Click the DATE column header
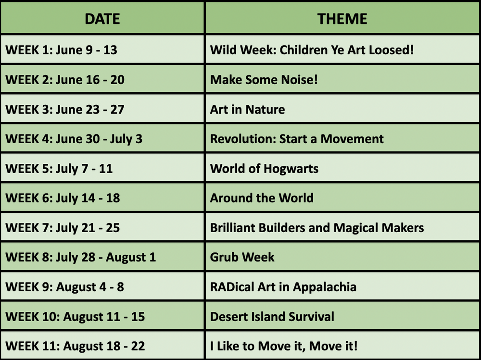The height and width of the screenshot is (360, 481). coord(102,19)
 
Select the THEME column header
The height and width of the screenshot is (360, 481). coord(342,19)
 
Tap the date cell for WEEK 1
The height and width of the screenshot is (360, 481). coord(61,50)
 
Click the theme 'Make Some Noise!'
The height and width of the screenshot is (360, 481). coord(264,80)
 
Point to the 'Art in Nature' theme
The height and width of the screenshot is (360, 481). coord(247,110)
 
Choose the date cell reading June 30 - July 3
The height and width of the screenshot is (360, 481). coord(74,139)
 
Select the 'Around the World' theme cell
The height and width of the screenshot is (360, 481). coord(262,198)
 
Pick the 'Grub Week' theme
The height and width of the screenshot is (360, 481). coord(242,257)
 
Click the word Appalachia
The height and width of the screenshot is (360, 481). coord(325,287)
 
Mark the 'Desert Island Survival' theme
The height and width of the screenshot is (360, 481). coord(272,317)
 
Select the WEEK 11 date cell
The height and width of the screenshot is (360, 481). coord(75,346)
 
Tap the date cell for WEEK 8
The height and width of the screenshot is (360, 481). coord(80,257)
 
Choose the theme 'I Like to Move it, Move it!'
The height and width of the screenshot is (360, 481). coord(284,346)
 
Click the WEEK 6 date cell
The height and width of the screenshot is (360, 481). coord(63,198)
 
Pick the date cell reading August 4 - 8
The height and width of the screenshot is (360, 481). coord(64,287)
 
